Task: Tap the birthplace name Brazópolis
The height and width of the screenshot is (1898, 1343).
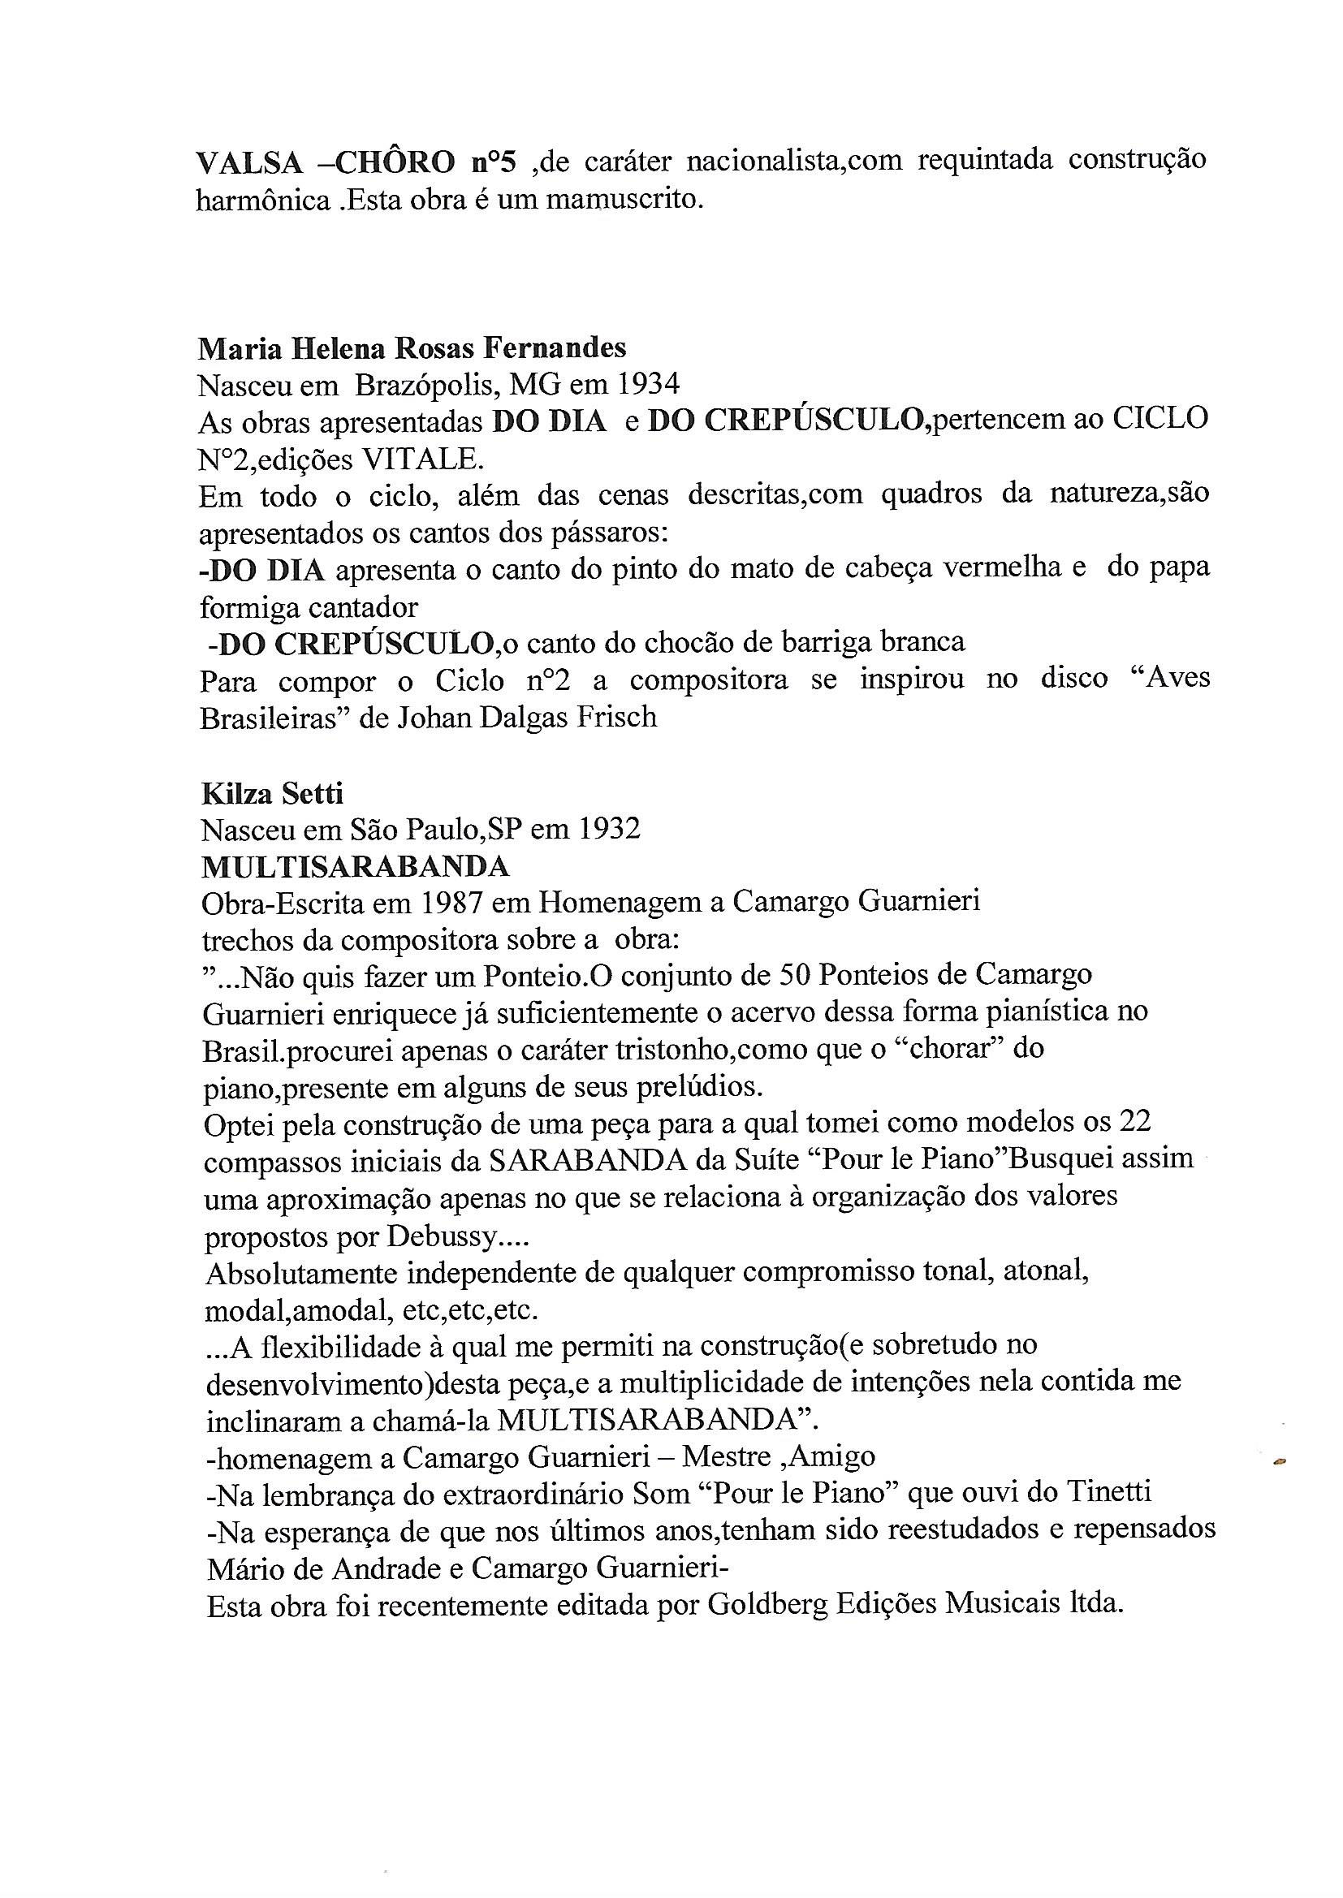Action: (x=427, y=385)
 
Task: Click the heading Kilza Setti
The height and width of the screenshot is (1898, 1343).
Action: (x=272, y=793)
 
